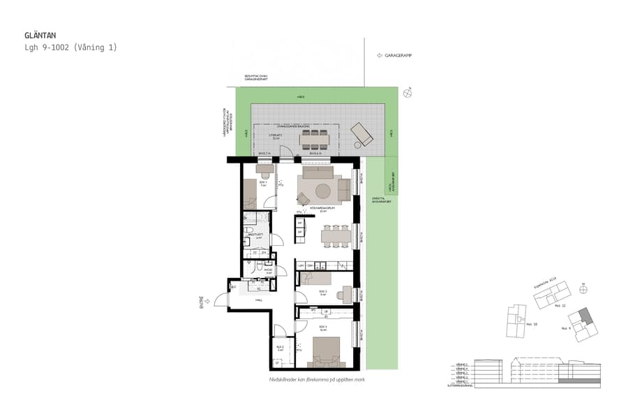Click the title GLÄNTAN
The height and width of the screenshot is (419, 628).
(40, 35)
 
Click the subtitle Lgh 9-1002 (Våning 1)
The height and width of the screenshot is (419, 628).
(70, 47)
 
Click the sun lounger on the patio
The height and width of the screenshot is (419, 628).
(362, 133)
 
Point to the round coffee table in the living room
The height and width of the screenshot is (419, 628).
(323, 191)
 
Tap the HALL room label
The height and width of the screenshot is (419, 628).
(258, 300)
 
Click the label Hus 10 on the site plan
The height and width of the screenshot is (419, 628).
(529, 324)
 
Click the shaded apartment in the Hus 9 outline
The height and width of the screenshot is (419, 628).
(588, 318)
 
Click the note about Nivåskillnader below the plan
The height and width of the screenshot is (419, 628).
(317, 379)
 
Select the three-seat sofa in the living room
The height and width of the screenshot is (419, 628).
(317, 172)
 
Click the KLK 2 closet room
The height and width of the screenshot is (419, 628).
(281, 347)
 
